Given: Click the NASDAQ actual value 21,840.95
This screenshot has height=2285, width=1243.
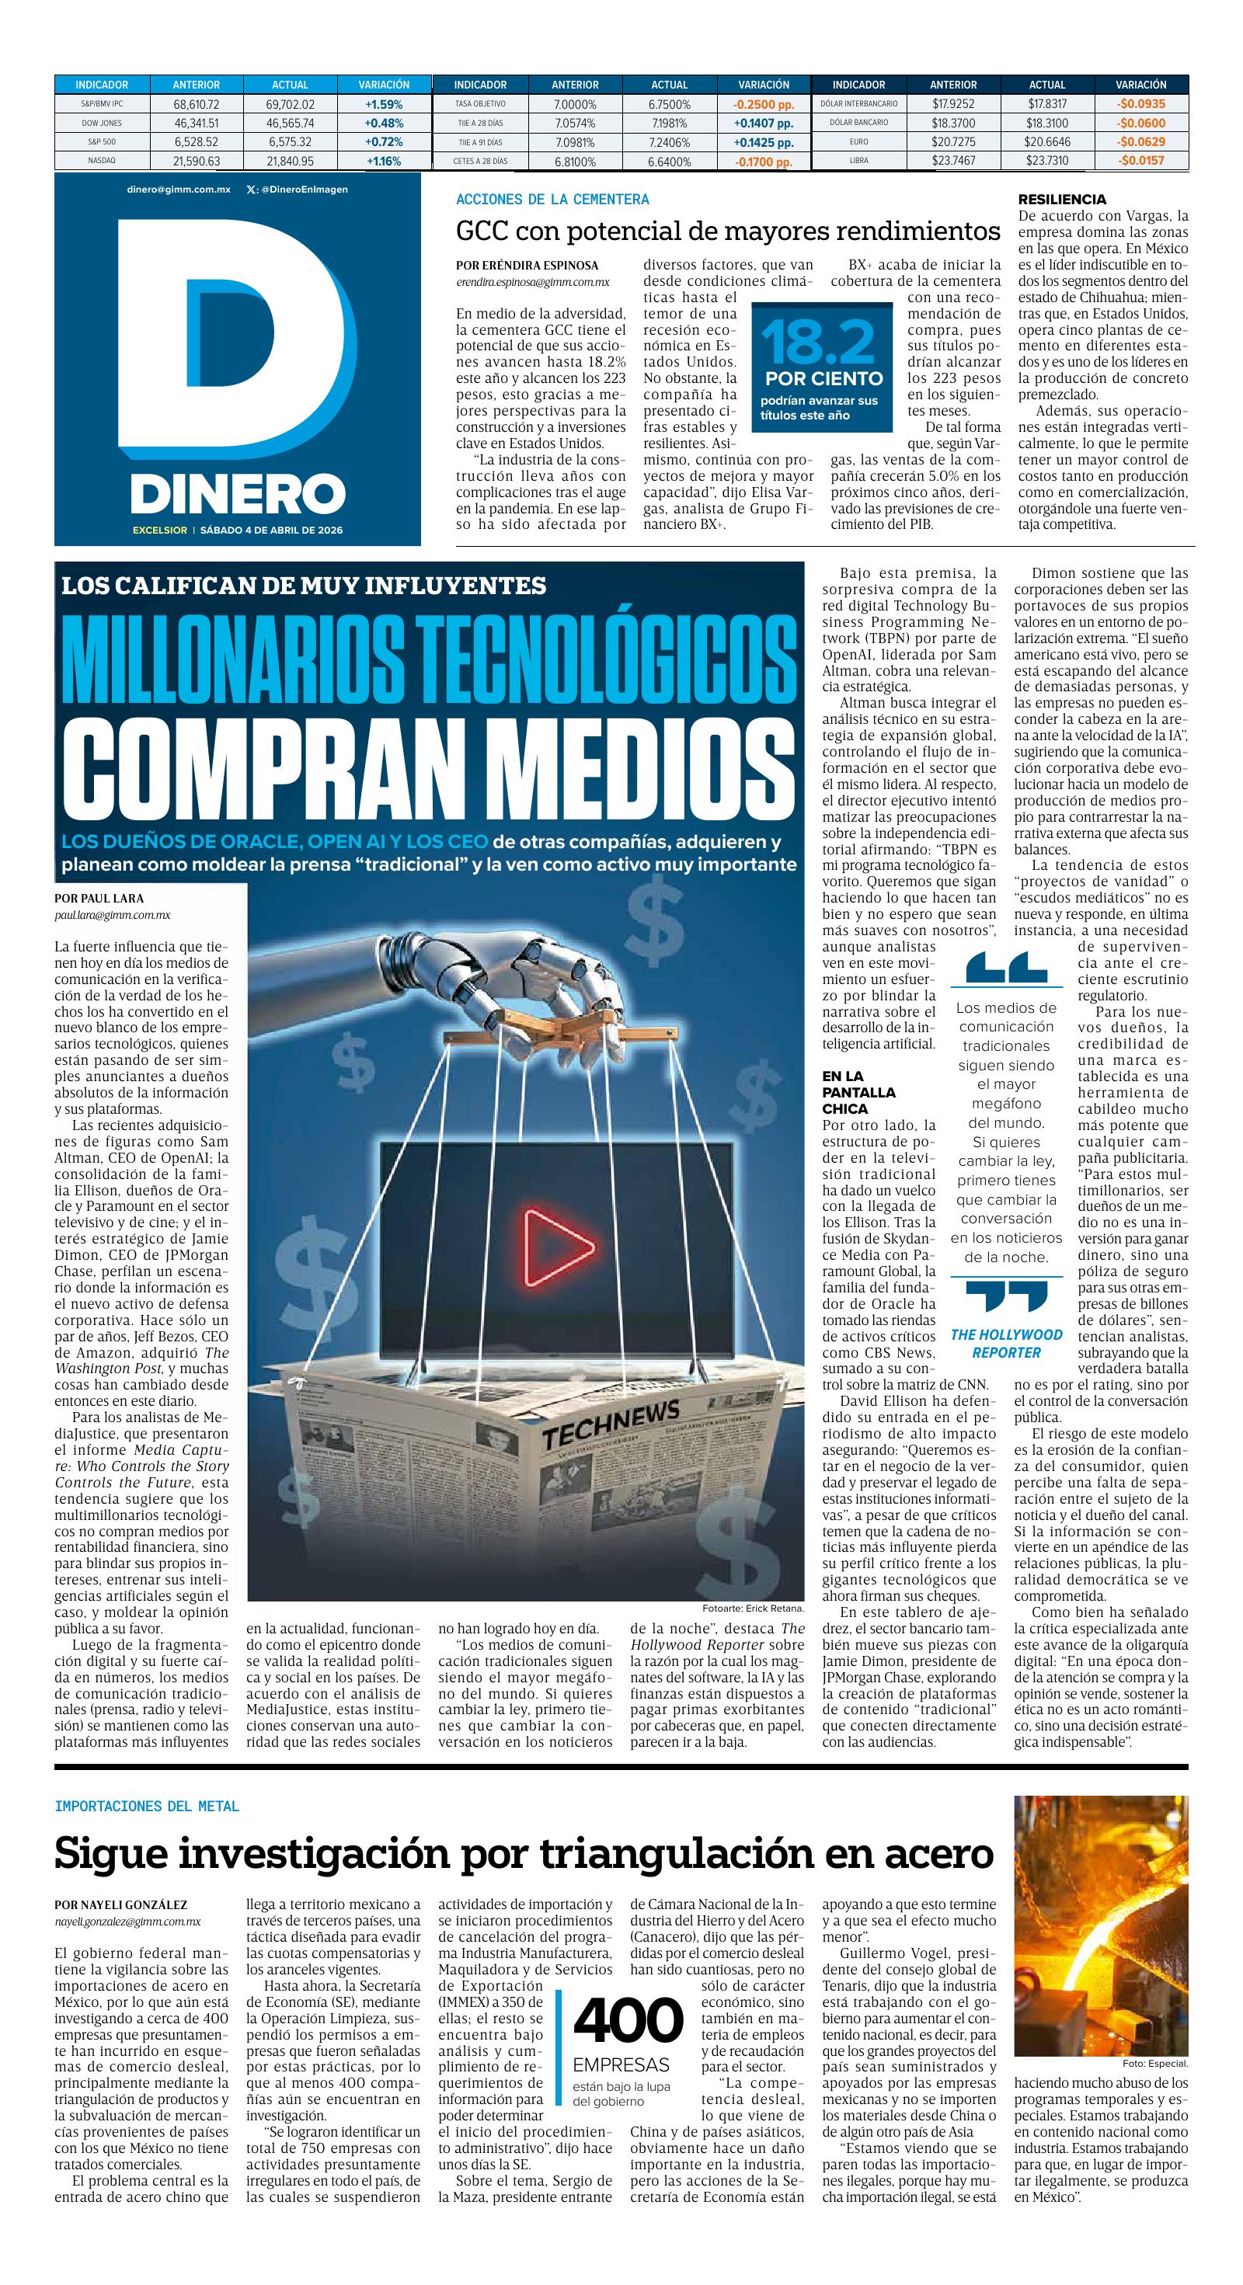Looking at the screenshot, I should point(291,162).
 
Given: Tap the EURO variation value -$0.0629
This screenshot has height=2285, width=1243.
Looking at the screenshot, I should point(1141,142).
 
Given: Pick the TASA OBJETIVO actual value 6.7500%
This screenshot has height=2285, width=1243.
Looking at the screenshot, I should point(669,104).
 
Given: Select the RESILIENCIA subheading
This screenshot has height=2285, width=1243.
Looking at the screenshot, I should point(1062,200).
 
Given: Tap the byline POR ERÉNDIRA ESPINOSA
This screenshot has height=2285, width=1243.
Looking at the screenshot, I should point(527,265).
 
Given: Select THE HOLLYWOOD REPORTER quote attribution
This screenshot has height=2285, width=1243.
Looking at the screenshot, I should point(1006,1344).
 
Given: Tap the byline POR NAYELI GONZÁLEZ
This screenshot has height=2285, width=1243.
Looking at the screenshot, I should point(120,1904).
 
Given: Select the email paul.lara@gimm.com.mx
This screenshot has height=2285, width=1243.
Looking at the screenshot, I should point(113,914).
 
